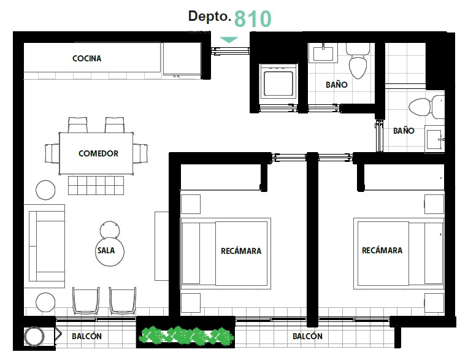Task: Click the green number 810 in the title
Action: point(253,18)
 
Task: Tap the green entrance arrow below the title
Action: point(229,40)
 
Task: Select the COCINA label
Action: point(87,58)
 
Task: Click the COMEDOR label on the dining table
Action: point(98,153)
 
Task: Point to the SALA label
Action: point(106,250)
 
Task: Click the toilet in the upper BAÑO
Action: point(358,61)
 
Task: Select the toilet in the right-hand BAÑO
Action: point(426,107)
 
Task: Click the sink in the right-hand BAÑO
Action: point(434,139)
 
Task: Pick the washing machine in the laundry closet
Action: point(278,81)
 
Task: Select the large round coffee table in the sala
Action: point(110,251)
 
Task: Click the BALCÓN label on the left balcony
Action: point(87,336)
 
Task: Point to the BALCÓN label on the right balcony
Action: point(307,336)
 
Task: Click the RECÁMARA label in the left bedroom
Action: point(241,251)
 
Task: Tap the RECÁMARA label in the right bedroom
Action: point(382,250)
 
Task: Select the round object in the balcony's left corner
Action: point(34,337)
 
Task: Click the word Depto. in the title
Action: point(210,17)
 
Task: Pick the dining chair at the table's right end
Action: point(140,153)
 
